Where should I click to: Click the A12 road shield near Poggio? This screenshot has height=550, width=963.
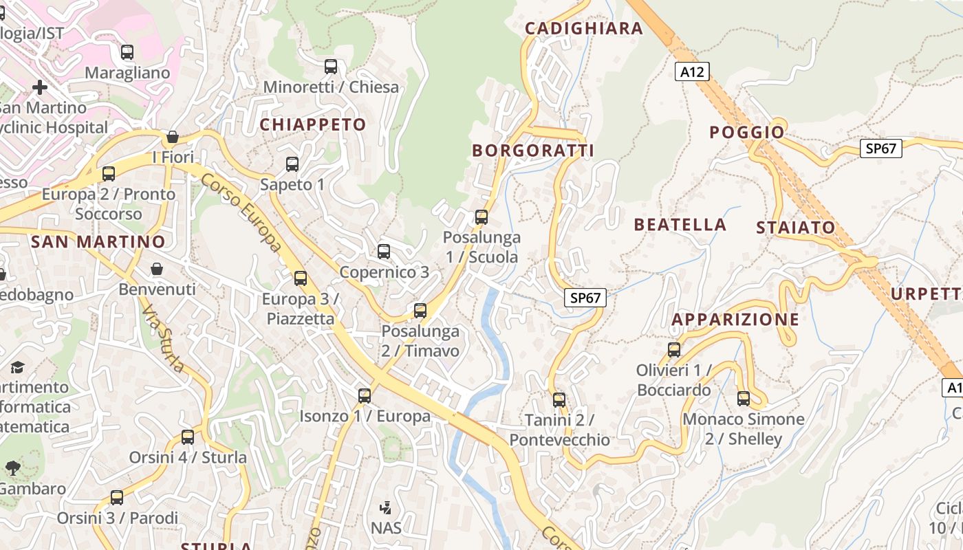[691, 71]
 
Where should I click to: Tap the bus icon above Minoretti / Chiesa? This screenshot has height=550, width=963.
[331, 67]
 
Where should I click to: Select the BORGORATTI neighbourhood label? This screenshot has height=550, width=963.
[532, 151]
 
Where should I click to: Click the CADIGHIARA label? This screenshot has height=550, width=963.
[583, 28]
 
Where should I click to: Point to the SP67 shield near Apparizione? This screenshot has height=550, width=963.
[585, 298]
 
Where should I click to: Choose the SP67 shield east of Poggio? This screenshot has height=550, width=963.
[880, 148]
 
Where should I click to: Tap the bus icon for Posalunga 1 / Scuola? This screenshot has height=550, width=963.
[481, 217]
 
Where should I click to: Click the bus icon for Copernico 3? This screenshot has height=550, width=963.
[384, 252]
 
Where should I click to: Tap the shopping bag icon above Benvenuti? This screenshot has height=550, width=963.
[157, 268]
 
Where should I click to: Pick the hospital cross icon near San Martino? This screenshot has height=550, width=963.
[40, 87]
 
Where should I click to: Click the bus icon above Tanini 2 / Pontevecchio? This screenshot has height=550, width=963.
[559, 399]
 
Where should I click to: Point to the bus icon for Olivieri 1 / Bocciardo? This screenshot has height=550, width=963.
[674, 350]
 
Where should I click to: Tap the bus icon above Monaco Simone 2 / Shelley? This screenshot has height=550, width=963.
[744, 398]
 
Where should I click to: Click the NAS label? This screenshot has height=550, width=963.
[386, 528]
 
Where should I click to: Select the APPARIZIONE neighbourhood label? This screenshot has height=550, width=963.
[735, 320]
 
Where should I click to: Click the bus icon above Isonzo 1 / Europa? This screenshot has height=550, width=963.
[365, 396]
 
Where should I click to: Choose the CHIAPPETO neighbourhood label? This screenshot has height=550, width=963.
[312, 124]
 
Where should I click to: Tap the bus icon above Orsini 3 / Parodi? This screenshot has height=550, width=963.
[117, 497]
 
